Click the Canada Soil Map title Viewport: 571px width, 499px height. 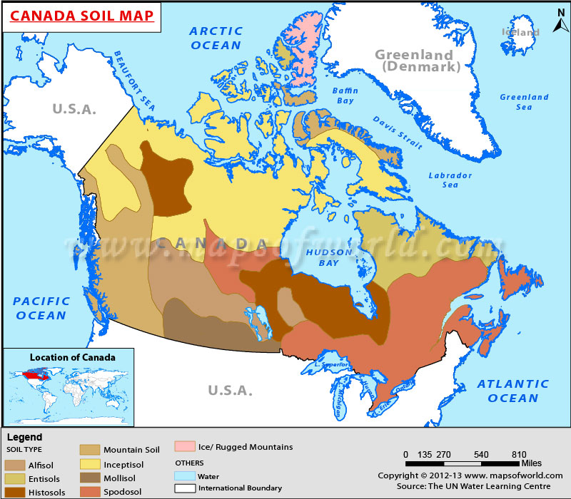click(x=82, y=15)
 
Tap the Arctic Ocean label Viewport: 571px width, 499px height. click(x=216, y=38)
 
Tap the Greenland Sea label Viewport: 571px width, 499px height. click(x=524, y=102)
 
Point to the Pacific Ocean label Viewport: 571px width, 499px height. click(x=41, y=308)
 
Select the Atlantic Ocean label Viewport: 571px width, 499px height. click(x=513, y=391)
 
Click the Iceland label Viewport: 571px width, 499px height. click(x=520, y=33)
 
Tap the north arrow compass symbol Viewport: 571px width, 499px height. click(x=556, y=26)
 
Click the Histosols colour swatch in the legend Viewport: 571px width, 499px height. click(x=16, y=491)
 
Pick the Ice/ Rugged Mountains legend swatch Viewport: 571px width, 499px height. click(x=185, y=447)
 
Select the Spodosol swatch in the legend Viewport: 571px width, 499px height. click(x=89, y=490)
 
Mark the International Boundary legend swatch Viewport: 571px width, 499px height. click(x=185, y=488)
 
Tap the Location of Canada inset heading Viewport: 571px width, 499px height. click(x=72, y=357)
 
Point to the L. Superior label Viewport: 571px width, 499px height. click(x=331, y=365)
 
